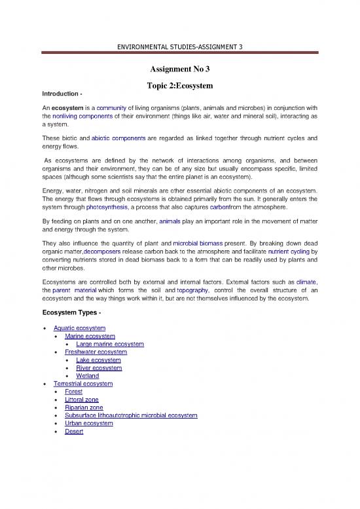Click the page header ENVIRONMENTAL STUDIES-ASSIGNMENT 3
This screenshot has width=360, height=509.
tap(180, 47)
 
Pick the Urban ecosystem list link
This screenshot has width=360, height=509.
tap(89, 440)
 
